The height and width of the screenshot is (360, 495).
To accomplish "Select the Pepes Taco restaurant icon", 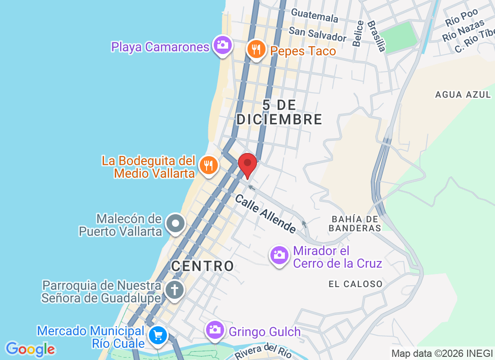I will (x=256, y=49).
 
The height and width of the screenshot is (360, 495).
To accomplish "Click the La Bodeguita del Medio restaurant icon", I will (x=208, y=165).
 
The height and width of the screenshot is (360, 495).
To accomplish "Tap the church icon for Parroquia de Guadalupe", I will (x=174, y=289).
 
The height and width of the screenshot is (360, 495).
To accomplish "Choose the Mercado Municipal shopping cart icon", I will (x=158, y=335).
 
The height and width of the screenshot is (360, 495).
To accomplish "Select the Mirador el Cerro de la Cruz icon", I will (x=279, y=256).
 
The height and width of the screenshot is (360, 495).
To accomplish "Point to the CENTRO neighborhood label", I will (x=202, y=266).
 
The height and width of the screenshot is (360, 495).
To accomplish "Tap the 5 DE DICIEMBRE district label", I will (x=279, y=112).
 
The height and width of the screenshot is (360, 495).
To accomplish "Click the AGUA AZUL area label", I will (x=463, y=94).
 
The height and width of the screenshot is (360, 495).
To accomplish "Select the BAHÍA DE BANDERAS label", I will (x=355, y=223).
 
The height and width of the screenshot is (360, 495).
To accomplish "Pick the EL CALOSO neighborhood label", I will (x=355, y=284).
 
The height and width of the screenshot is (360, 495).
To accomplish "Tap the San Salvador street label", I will (x=318, y=34).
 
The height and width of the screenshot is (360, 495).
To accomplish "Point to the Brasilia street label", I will (x=376, y=36).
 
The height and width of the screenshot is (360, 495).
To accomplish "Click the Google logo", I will (x=31, y=349).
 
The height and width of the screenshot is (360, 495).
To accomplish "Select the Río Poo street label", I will (x=461, y=20).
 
